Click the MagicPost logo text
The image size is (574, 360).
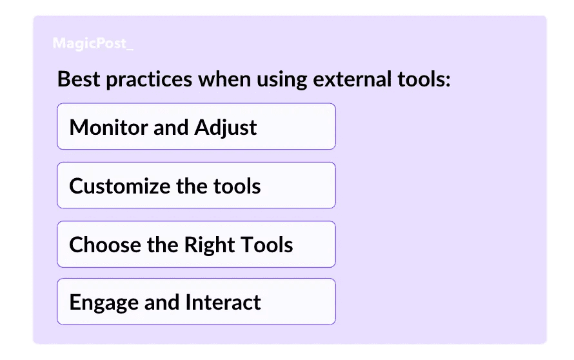click(93, 44)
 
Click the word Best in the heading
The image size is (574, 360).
click(79, 79)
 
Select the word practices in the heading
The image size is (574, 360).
click(149, 80)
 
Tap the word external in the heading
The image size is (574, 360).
click(352, 79)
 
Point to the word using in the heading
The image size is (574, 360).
click(281, 80)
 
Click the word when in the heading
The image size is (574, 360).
click(224, 79)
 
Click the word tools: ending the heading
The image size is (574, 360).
click(424, 79)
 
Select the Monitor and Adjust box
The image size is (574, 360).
click(196, 126)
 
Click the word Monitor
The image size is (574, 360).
click(108, 128)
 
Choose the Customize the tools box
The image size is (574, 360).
click(196, 185)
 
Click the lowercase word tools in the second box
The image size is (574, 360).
click(237, 186)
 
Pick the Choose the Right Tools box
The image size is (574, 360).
click(196, 245)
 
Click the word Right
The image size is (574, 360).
click(209, 245)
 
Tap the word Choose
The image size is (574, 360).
click(105, 245)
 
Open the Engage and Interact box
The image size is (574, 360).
click(196, 301)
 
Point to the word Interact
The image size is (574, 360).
click(223, 302)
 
